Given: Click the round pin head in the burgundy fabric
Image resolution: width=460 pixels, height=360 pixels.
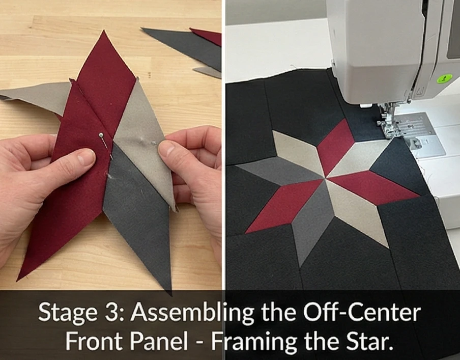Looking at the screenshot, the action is [x=101, y=135].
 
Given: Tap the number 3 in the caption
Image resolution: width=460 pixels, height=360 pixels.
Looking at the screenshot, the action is [x=110, y=312].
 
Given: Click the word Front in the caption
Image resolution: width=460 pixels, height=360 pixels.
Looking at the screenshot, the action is [x=94, y=342].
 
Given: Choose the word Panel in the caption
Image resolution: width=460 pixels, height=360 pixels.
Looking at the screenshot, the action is [x=158, y=342].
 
